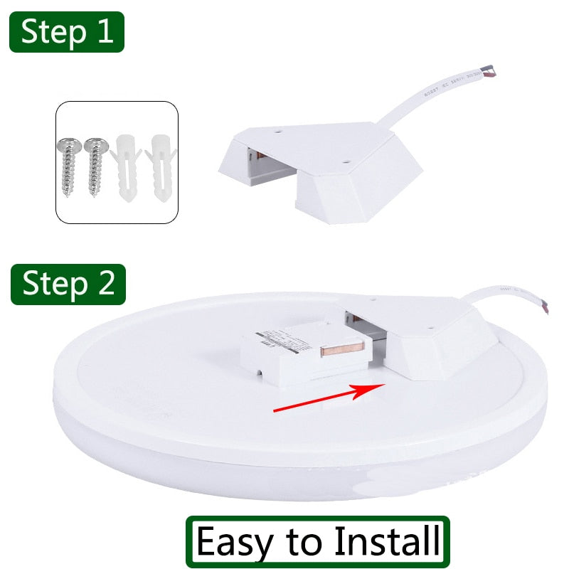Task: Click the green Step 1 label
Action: (66, 32)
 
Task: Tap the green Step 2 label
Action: (68, 284)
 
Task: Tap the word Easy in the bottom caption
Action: (234, 542)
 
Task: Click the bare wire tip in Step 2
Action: (546, 307)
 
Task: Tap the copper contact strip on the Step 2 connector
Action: (343, 349)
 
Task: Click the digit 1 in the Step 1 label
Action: (104, 32)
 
